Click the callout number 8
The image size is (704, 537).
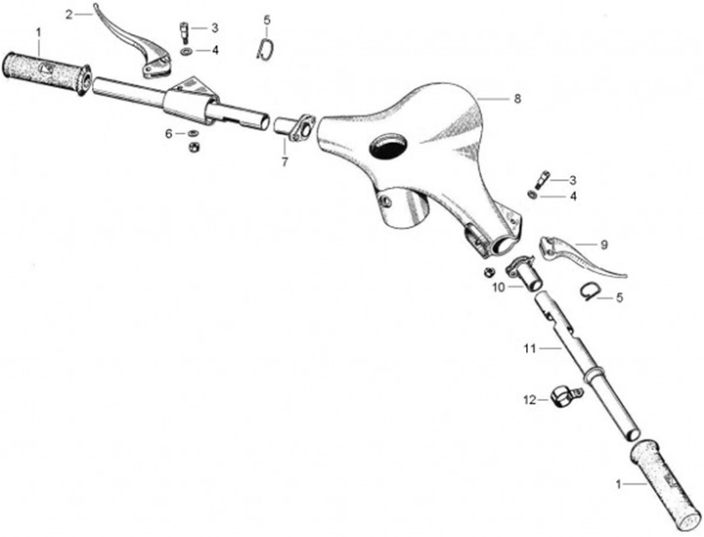pyautogui.click(x=518, y=99)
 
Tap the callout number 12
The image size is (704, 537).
pyautogui.click(x=529, y=399)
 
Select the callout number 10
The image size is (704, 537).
pyautogui.click(x=498, y=288)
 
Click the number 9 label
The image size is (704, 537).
pyautogui.click(x=604, y=243)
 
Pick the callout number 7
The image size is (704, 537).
pyautogui.click(x=285, y=161)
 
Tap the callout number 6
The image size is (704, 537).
pyautogui.click(x=168, y=132)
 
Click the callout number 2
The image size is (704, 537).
pyautogui.click(x=69, y=14)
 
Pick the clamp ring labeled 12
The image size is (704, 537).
pyautogui.click(x=563, y=397)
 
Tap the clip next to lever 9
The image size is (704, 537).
pyautogui.click(x=588, y=288)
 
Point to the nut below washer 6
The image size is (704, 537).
pyautogui.click(x=193, y=148)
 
